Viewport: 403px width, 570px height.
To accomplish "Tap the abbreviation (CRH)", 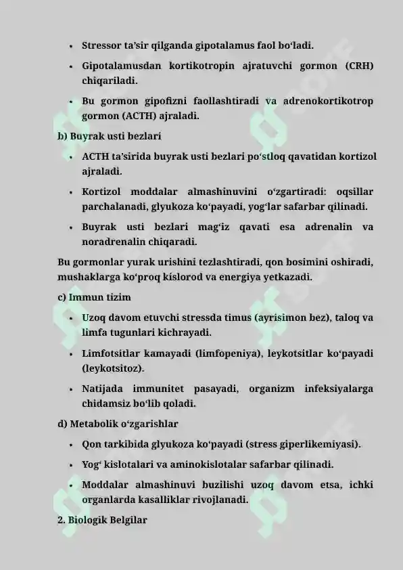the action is (358, 66).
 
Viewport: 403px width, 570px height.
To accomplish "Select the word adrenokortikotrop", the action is (329, 102).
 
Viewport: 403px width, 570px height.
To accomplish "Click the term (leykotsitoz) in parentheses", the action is (112, 369).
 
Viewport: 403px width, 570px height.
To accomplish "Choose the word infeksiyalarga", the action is (339, 389).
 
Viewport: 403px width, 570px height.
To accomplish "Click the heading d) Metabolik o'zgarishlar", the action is (118, 424).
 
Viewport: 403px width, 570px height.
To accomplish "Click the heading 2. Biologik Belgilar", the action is (102, 521).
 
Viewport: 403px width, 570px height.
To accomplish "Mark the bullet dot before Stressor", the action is (70, 47).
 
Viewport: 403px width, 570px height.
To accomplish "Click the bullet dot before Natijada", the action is (70, 390).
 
